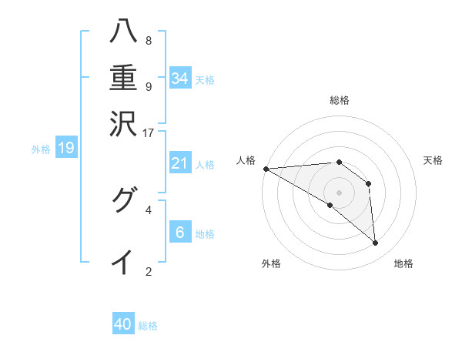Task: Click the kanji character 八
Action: pyautogui.click(x=123, y=32)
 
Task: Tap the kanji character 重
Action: pyautogui.click(x=123, y=78)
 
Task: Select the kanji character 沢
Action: pyautogui.click(x=123, y=122)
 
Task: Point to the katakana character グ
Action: pyautogui.click(x=123, y=201)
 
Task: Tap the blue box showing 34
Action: pyautogui.click(x=180, y=79)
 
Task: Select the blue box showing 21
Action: pyautogui.click(x=180, y=164)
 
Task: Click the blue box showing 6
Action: pyautogui.click(x=180, y=233)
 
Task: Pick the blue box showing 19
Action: pyautogui.click(x=66, y=149)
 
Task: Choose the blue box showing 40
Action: pyautogui.click(x=123, y=324)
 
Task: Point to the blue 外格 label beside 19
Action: pyautogui.click(x=41, y=149)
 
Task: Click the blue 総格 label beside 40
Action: pyautogui.click(x=149, y=326)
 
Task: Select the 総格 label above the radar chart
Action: pyautogui.click(x=339, y=100)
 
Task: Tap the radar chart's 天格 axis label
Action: pyautogui.click(x=434, y=160)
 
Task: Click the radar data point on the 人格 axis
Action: pyautogui.click(x=266, y=169)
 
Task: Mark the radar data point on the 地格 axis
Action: pyautogui.click(x=376, y=243)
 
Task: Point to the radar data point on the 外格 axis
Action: pyautogui.click(x=330, y=205)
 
